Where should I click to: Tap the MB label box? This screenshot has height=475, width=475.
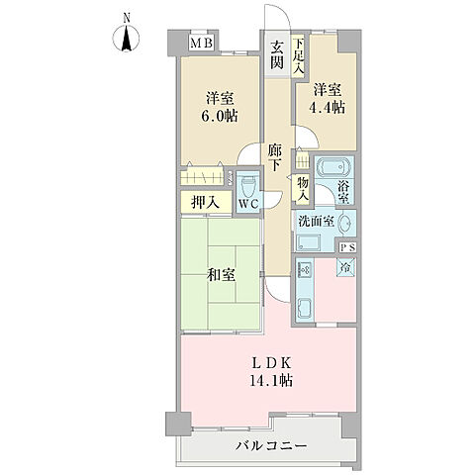point(203,45)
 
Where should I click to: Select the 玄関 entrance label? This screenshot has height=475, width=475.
point(277,54)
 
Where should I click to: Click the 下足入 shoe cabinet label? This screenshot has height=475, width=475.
point(298,52)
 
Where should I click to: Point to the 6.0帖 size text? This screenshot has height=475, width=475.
point(221,115)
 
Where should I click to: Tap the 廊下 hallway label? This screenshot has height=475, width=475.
point(277,159)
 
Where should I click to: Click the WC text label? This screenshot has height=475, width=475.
point(247,205)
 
